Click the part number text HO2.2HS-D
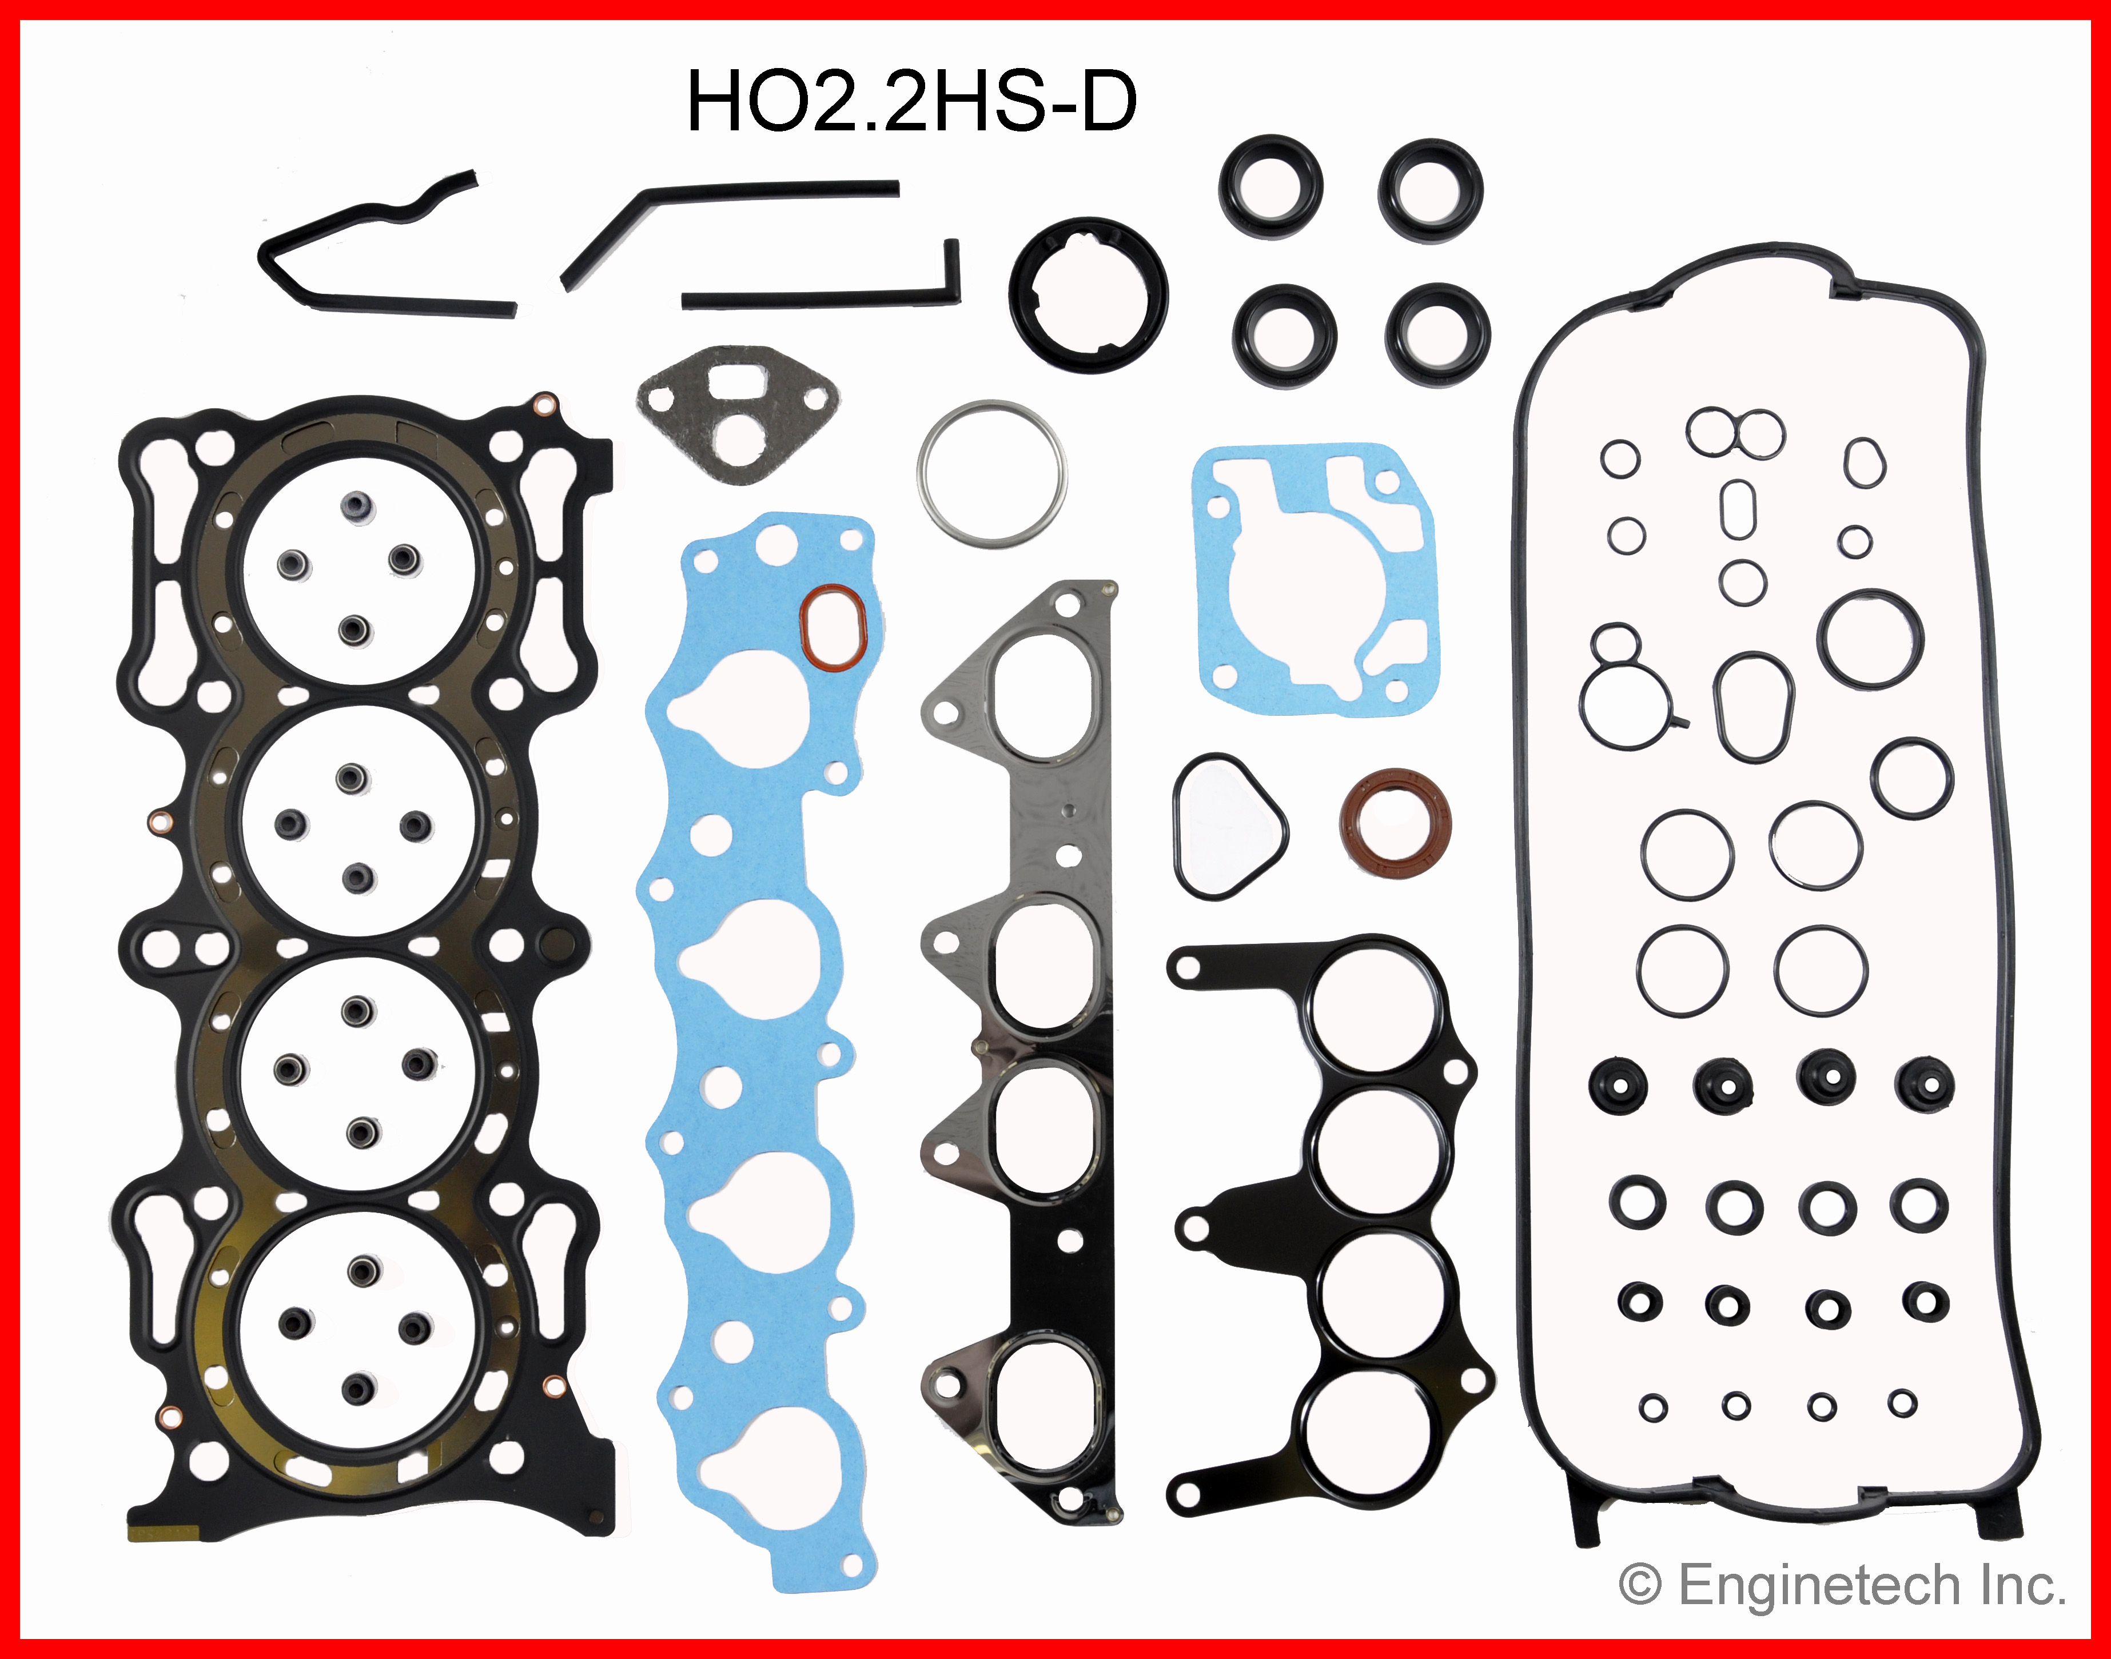tap(911, 102)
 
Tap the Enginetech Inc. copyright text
tap(1842, 1586)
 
